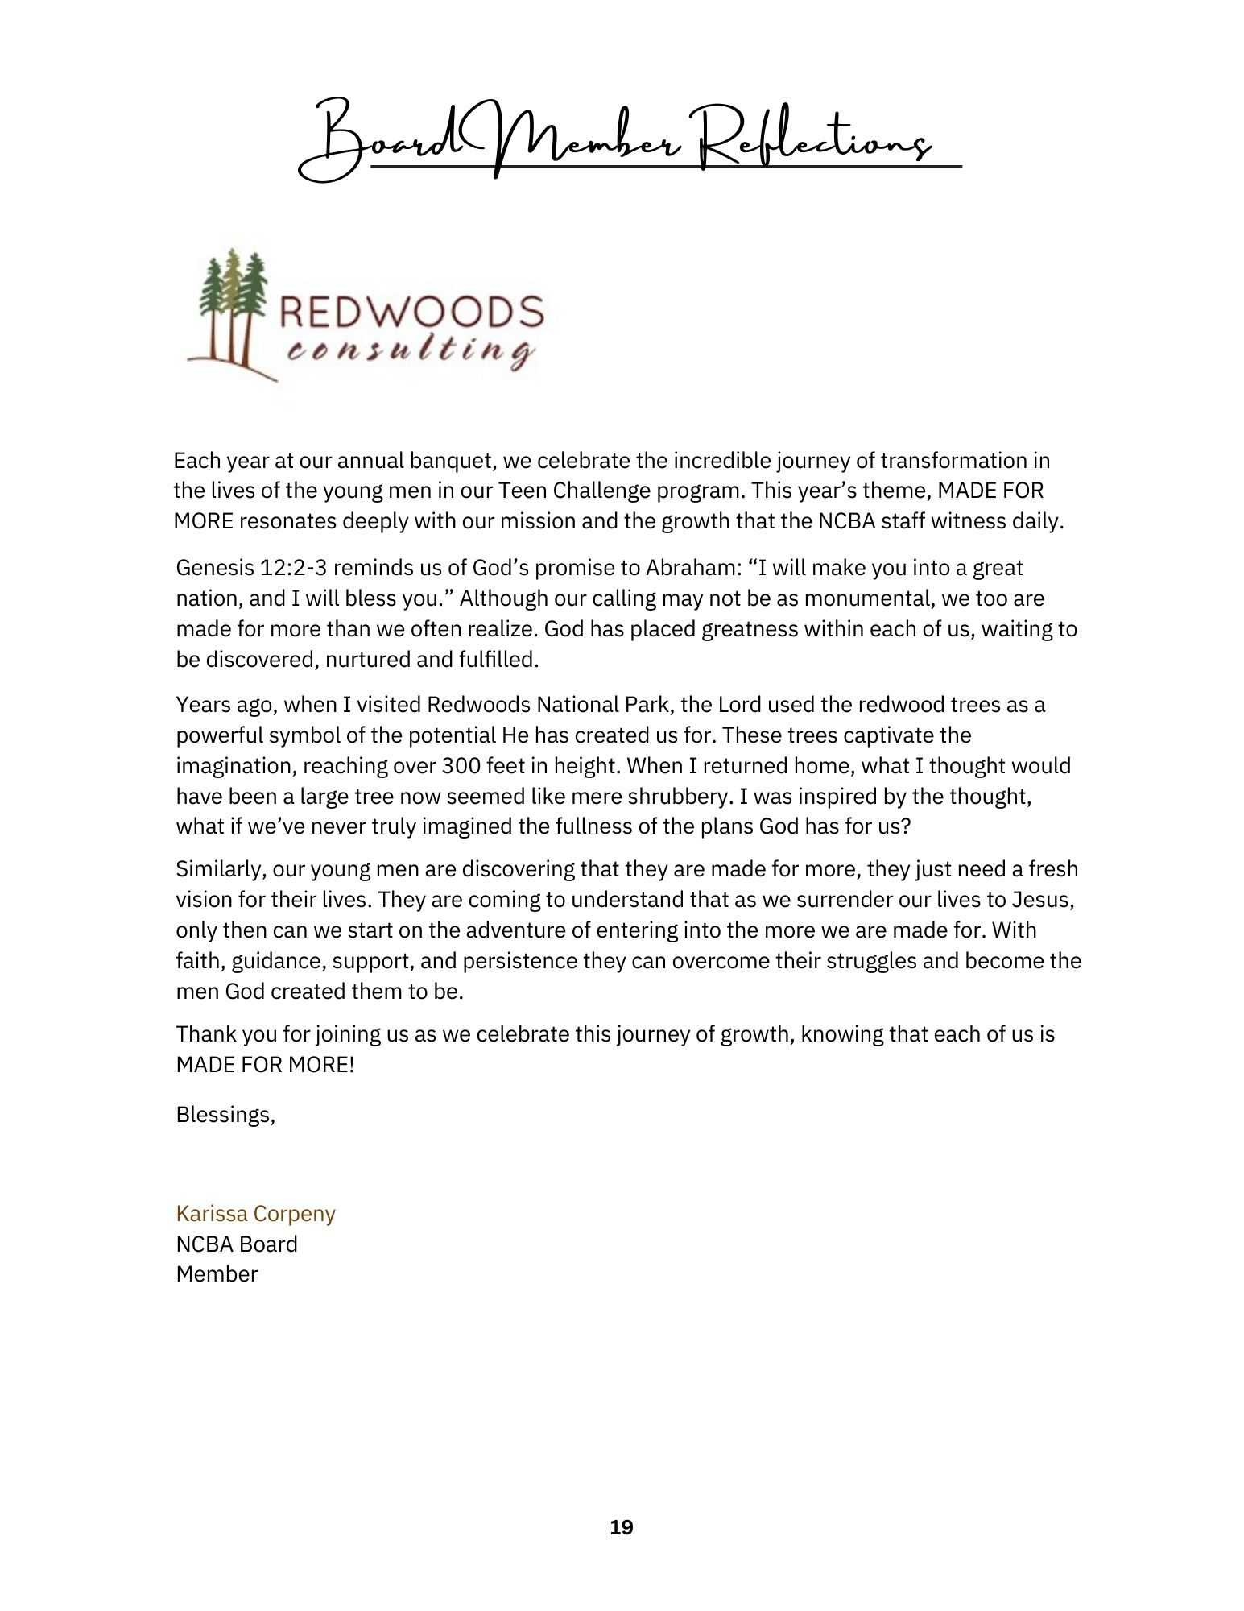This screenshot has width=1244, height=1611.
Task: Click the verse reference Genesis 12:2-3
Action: [250, 568]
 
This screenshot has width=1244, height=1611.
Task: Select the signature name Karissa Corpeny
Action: [255, 1213]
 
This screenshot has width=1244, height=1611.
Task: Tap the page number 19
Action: [622, 1527]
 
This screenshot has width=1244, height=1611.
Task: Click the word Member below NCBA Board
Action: [217, 1274]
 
